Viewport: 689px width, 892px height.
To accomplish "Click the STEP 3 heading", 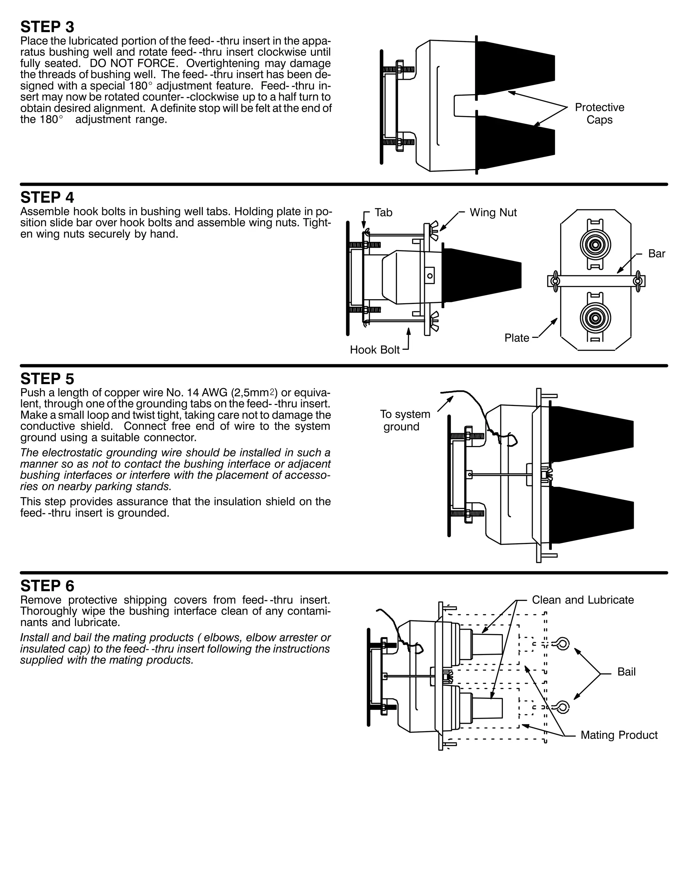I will click(47, 27).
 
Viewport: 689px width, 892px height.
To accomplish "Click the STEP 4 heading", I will click(47, 198).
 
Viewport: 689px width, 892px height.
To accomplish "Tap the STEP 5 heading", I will click(47, 379).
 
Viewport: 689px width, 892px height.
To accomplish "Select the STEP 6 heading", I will click(47, 586).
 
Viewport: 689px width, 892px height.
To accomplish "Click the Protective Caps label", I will click(599, 113).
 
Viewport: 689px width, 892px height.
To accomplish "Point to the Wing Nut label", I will click(493, 212).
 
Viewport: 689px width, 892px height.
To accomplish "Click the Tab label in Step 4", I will click(383, 212).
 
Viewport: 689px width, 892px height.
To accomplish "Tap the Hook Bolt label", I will click(375, 350).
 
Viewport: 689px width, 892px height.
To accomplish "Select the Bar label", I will click(656, 254).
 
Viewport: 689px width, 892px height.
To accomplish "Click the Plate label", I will click(517, 338).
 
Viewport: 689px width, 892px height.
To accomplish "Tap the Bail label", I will click(626, 672).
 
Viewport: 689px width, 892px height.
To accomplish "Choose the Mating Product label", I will click(619, 735).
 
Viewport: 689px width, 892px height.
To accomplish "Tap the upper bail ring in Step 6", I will click(563, 644).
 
